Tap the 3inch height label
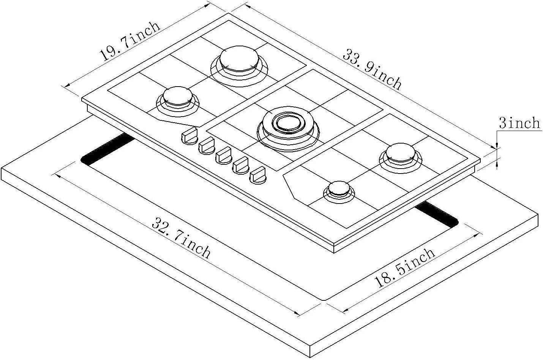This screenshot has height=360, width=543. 519,123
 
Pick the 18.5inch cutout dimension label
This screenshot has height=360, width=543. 405,268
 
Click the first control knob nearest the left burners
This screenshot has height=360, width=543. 189,135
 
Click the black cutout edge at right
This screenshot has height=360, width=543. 437,215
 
